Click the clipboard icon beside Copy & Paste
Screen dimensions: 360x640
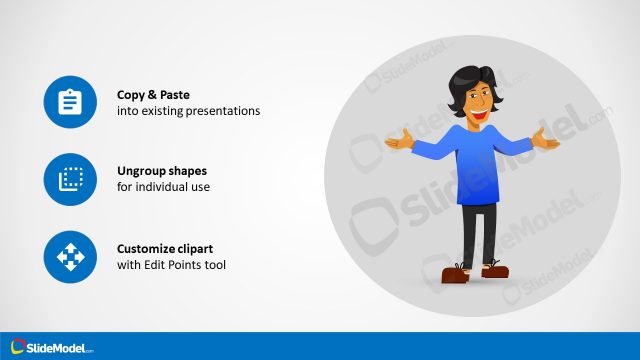[x=70, y=103]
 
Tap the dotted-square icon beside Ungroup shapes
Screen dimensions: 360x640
[x=70, y=180]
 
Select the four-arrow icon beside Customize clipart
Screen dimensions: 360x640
[x=70, y=257]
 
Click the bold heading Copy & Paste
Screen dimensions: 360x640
[x=153, y=95]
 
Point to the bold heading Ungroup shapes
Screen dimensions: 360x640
[x=163, y=171]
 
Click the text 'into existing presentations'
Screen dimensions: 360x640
[x=188, y=111]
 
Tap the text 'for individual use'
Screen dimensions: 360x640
[x=164, y=187]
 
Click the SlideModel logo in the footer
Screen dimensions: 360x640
[x=49, y=347]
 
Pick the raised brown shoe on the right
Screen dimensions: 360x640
[x=495, y=268]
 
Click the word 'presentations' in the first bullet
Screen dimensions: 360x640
[x=226, y=111]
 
